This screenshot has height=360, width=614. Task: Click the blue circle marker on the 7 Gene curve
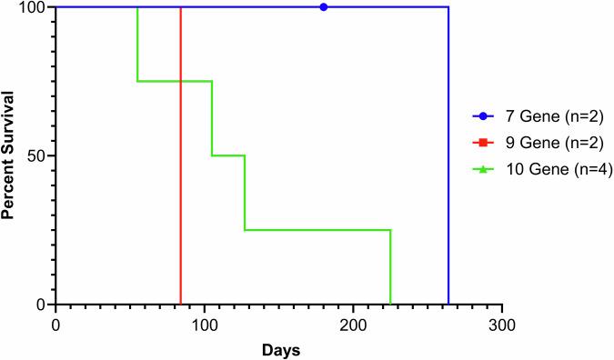pos(324,6)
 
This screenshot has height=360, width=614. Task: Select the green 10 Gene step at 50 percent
pos(228,155)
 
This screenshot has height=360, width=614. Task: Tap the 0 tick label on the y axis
pos(44,304)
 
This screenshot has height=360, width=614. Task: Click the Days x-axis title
pos(278,349)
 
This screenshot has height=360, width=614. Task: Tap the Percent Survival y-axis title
pos(11,155)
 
